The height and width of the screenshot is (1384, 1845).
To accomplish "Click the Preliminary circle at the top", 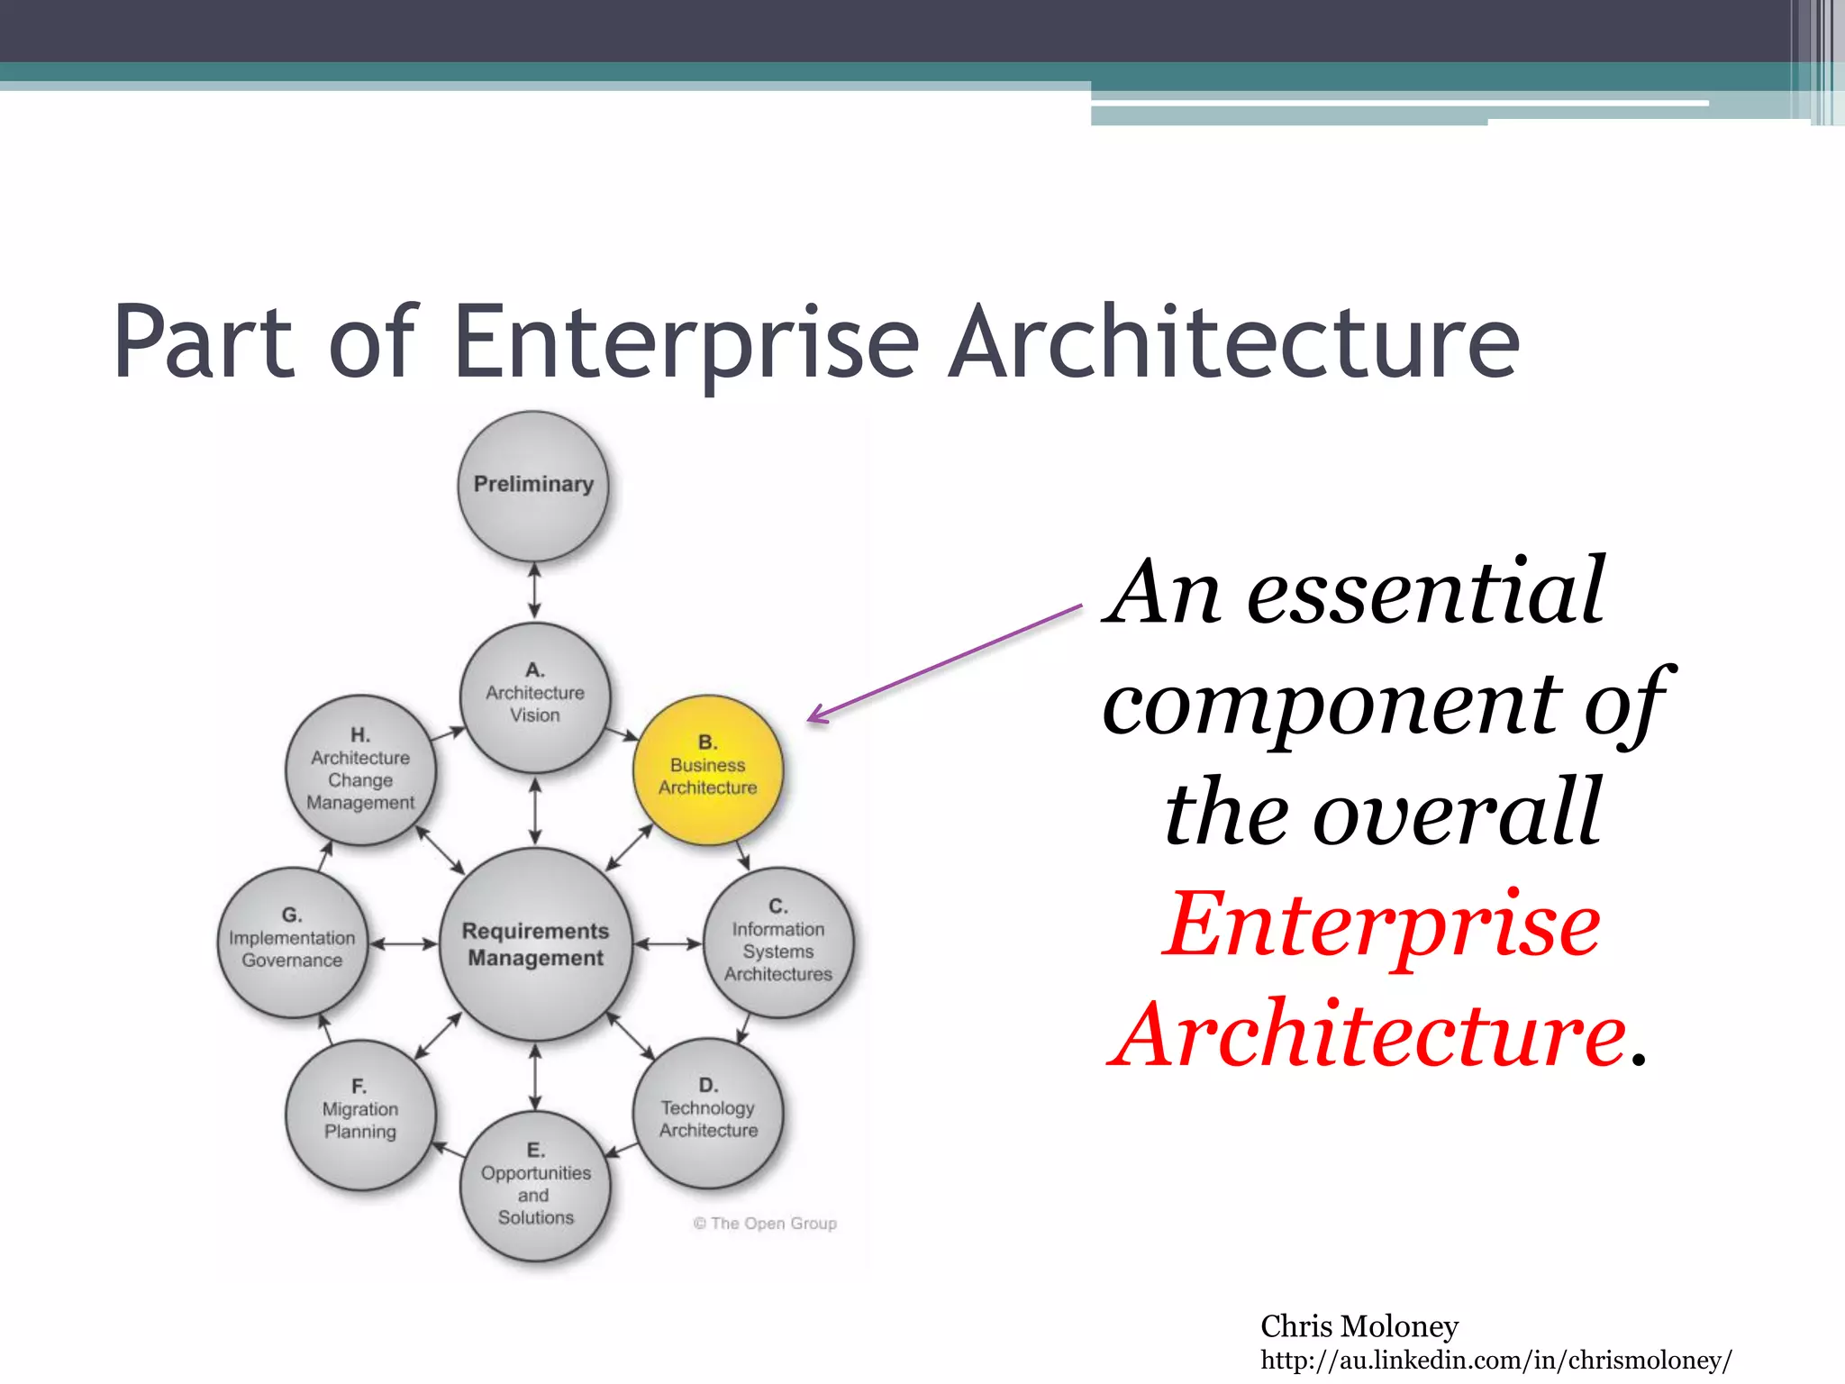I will point(533,487).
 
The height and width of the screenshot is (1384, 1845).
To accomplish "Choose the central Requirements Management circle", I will point(536,943).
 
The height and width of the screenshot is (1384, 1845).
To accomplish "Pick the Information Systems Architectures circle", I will point(778,943).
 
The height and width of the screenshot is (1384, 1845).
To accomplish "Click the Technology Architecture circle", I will point(708,1114).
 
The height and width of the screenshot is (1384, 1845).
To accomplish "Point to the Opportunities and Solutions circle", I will point(535,1186).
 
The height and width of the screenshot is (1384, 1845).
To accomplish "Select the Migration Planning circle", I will point(360,1115).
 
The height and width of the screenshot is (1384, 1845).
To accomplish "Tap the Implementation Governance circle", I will point(293,942).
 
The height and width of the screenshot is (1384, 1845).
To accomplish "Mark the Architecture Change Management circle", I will point(360,770).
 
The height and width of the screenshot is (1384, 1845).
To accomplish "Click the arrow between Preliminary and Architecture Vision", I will point(535,591).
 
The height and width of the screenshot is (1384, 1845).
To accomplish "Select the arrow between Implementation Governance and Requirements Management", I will point(404,943).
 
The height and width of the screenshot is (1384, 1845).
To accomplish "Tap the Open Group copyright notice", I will point(765,1223).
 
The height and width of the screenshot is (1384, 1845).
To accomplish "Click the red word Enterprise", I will point(1381,925).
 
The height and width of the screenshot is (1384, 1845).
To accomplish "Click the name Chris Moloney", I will point(1359,1325).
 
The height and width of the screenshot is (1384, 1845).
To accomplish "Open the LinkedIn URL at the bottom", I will point(1495,1360).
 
